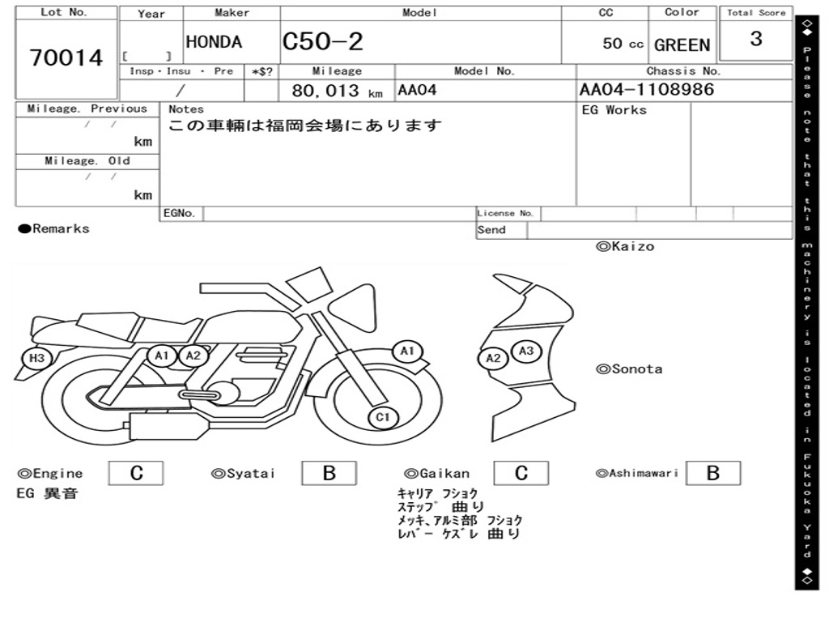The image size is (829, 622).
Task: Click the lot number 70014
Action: pos(66,58)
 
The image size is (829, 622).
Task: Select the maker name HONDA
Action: pos(214,42)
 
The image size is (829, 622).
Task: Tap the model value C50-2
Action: pos(322,41)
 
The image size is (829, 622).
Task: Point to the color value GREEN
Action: pos(682,45)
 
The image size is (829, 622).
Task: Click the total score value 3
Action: pos(756,39)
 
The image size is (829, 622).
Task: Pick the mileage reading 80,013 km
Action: pos(337,91)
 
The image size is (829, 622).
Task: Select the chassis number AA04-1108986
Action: pos(647,89)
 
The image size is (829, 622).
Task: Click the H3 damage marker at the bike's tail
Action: pos(36,358)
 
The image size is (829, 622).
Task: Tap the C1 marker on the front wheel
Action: pos(383,417)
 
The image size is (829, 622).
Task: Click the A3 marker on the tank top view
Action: pos(526,351)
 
